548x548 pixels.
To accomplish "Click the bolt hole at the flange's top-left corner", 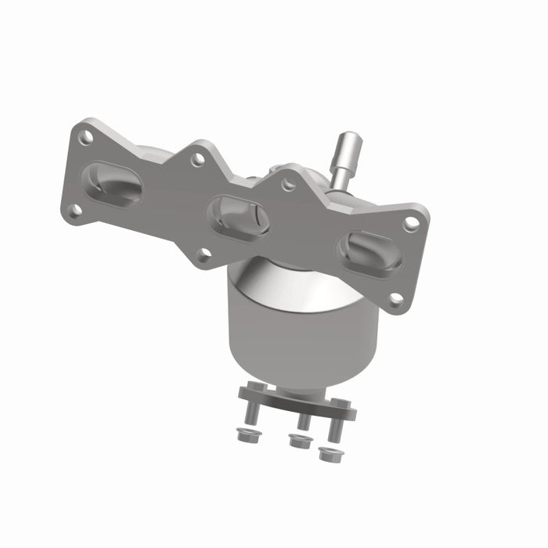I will (x=87, y=137).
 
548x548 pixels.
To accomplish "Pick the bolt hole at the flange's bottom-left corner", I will (x=74, y=210).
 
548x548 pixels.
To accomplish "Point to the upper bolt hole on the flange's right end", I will (x=411, y=223).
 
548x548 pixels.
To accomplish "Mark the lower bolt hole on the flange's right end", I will (x=396, y=298).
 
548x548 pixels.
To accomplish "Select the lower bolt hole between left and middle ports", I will (x=204, y=254).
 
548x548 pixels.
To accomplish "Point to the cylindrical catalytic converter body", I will (x=301, y=329).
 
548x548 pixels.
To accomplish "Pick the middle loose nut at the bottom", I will (x=297, y=442).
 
